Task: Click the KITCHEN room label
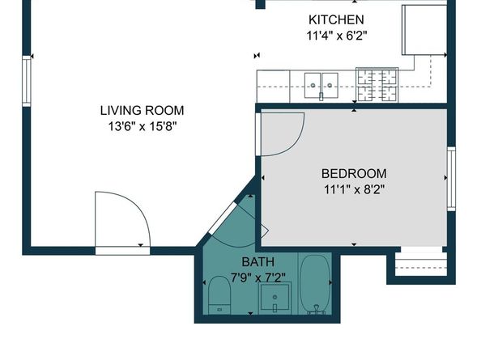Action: (335, 19)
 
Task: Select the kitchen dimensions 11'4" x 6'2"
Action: (335, 36)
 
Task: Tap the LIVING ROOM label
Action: (142, 110)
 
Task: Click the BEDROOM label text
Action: (354, 173)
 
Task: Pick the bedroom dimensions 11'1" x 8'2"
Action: (354, 189)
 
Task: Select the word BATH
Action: (258, 262)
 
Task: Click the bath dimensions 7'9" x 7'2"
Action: (258, 277)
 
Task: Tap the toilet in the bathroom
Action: (220, 294)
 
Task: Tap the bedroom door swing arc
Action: (283, 133)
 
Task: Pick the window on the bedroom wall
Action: (451, 178)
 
